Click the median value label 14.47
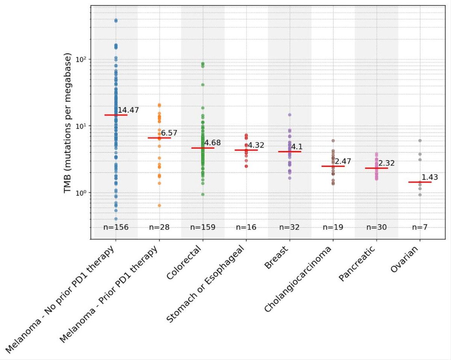[x=128, y=110]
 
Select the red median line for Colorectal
[x=203, y=148]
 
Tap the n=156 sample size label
[x=116, y=227]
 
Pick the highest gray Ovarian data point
[x=420, y=141]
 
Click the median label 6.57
[x=169, y=133]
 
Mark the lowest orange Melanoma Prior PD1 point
[x=159, y=205]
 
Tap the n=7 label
[x=420, y=227]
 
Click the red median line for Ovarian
[x=420, y=182]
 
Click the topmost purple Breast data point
[x=289, y=115]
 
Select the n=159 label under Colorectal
[x=203, y=227]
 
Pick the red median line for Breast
[x=289, y=152]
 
